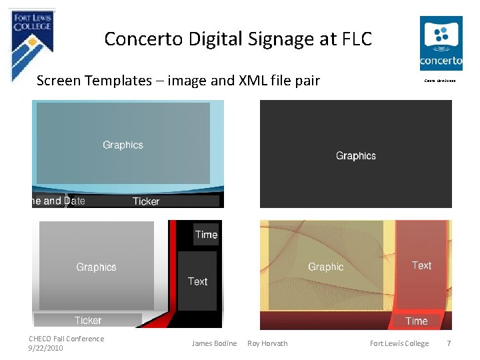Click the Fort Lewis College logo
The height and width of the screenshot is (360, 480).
33,40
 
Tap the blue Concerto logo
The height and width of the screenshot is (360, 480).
441,43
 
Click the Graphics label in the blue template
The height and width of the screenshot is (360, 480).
123,145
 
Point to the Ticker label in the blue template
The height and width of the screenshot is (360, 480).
146,201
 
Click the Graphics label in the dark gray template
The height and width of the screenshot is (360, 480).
356,155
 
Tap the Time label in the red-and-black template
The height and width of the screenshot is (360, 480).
206,235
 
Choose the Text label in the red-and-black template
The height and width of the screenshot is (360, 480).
197,281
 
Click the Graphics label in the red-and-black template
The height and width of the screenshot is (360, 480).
96,267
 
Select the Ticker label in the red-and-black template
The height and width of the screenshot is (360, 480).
88,321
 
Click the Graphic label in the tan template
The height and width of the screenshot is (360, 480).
326,267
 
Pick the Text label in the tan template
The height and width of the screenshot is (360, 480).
421,265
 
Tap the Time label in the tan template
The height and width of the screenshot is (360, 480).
417,321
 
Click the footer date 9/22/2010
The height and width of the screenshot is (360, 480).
46,348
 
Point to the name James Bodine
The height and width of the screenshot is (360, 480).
214,343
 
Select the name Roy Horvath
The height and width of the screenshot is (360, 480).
267,343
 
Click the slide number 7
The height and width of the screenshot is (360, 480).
449,343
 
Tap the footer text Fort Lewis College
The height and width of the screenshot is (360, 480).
399,343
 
